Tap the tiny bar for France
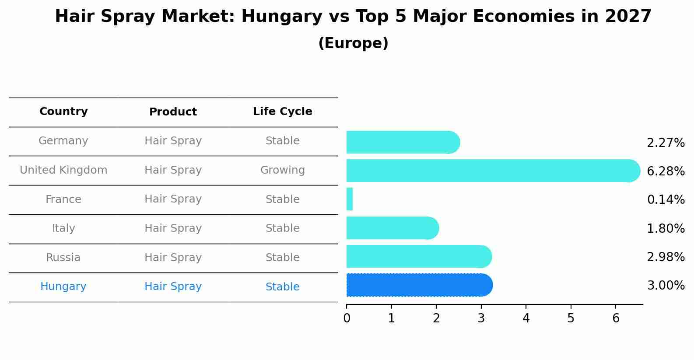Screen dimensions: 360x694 [350, 199]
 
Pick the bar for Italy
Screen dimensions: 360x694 [392, 228]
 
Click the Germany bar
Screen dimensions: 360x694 [402, 142]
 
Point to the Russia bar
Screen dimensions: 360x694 [418, 257]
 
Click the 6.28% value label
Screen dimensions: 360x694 [666, 171]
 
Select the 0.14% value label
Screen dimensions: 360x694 [666, 200]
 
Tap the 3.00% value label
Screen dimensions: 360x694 [666, 286]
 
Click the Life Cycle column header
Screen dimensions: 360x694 [282, 112]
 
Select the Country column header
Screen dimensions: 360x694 [63, 112]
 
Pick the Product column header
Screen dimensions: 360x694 [173, 112]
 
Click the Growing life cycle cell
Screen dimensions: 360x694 [282, 170]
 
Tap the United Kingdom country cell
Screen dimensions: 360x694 [63, 170]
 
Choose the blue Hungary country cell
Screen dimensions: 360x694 [63, 287]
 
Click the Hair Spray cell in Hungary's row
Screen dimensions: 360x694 [173, 287]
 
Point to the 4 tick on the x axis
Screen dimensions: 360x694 [526, 318]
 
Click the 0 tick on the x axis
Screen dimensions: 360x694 [347, 318]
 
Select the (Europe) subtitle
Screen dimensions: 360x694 [353, 43]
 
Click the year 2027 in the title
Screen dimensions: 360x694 [628, 17]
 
